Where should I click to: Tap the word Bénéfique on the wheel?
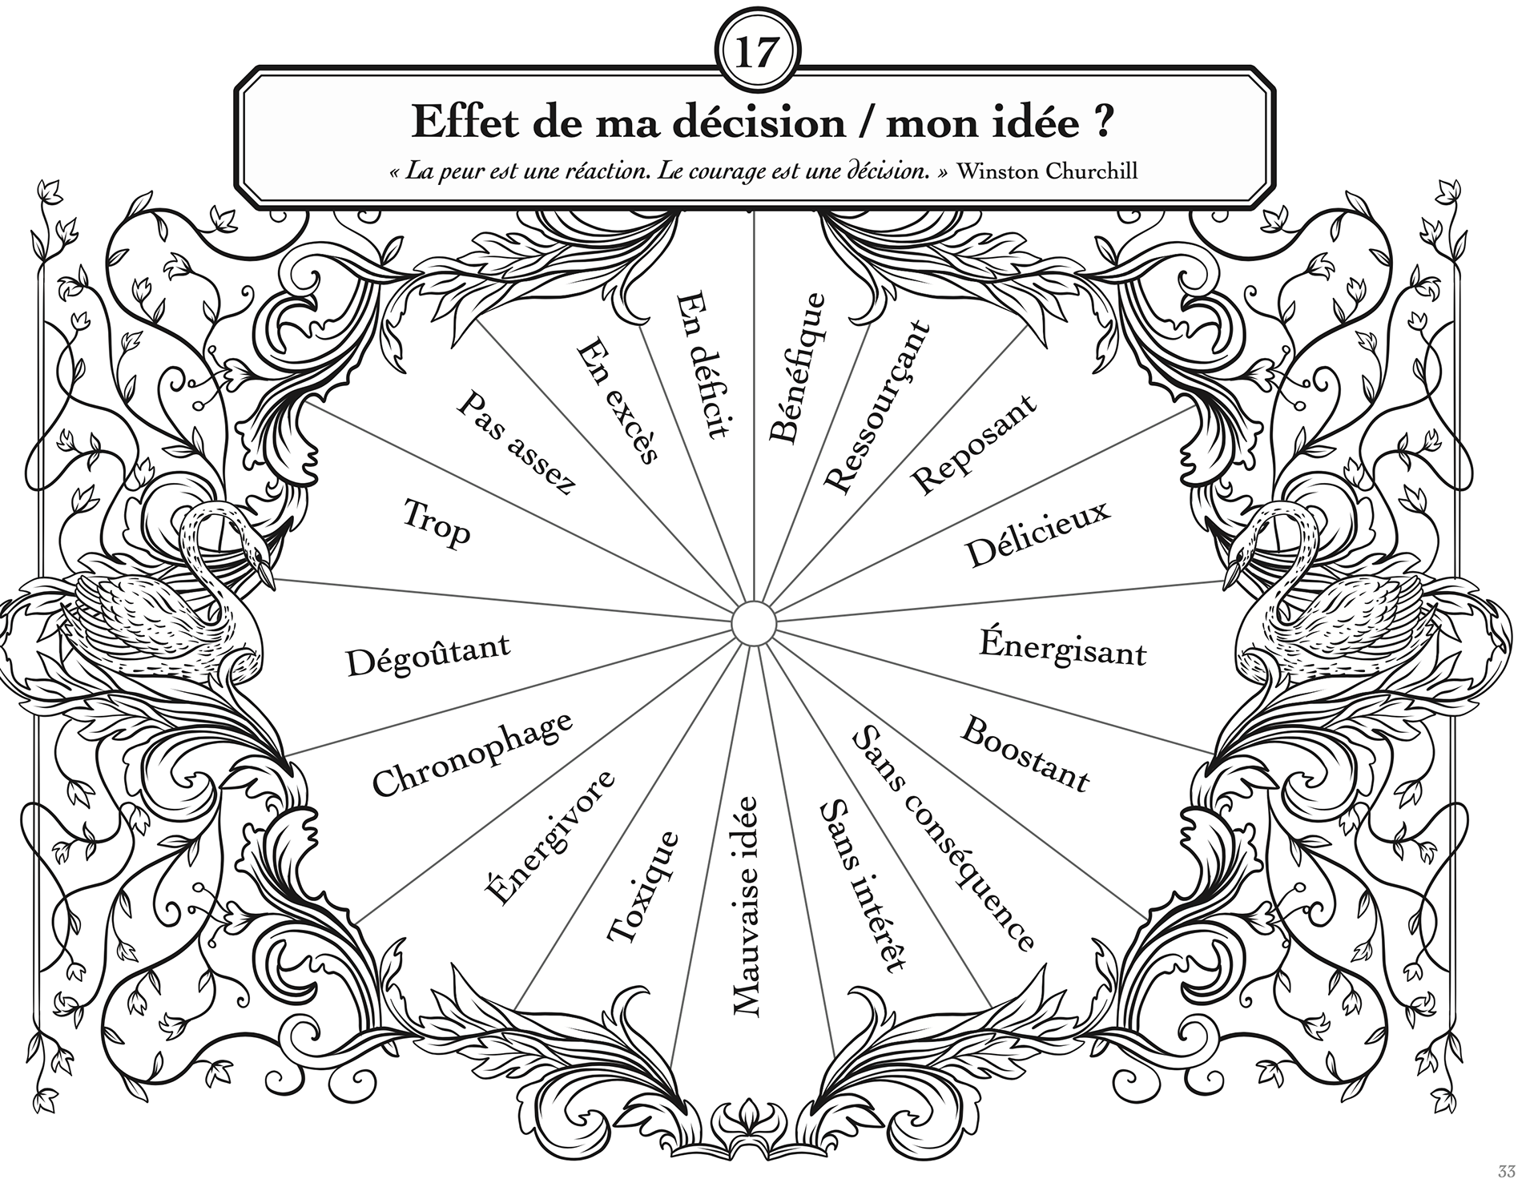[x=796, y=368]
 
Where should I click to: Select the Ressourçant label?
[x=877, y=407]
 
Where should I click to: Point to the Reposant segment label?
[x=973, y=445]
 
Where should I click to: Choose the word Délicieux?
[x=1038, y=534]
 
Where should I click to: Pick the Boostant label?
[x=1025, y=753]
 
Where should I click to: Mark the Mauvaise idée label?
[x=746, y=907]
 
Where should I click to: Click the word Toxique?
[x=642, y=887]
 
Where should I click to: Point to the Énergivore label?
[x=550, y=838]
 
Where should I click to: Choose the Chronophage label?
[x=473, y=754]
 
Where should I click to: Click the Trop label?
[x=437, y=523]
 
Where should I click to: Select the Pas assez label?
[x=517, y=444]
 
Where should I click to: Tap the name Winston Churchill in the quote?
[x=1047, y=171]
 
